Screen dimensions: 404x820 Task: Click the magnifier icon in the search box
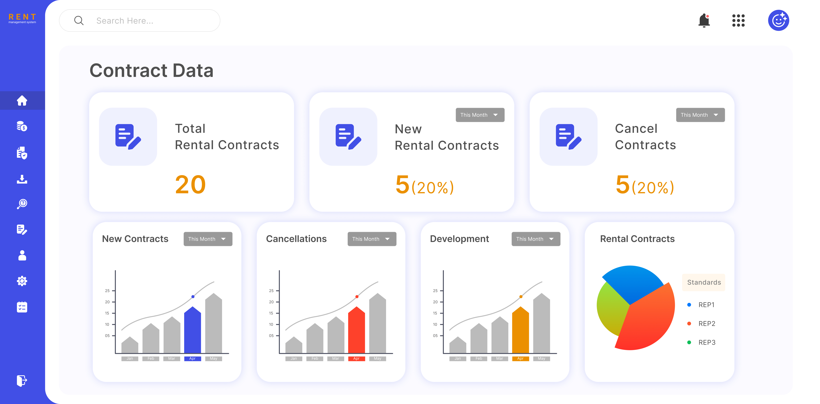pyautogui.click(x=79, y=21)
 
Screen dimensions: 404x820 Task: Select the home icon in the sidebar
pyautogui.click(x=22, y=101)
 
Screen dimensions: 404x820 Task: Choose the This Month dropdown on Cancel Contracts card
pyautogui.click(x=700, y=115)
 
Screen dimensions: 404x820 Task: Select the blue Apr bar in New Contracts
pyautogui.click(x=193, y=331)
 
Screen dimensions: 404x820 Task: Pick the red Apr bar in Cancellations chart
pyautogui.click(x=357, y=331)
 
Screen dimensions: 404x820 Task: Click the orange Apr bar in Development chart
pyautogui.click(x=521, y=331)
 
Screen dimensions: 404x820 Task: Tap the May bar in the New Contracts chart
pyautogui.click(x=214, y=325)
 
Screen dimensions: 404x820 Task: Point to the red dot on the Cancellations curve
pyautogui.click(x=357, y=297)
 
